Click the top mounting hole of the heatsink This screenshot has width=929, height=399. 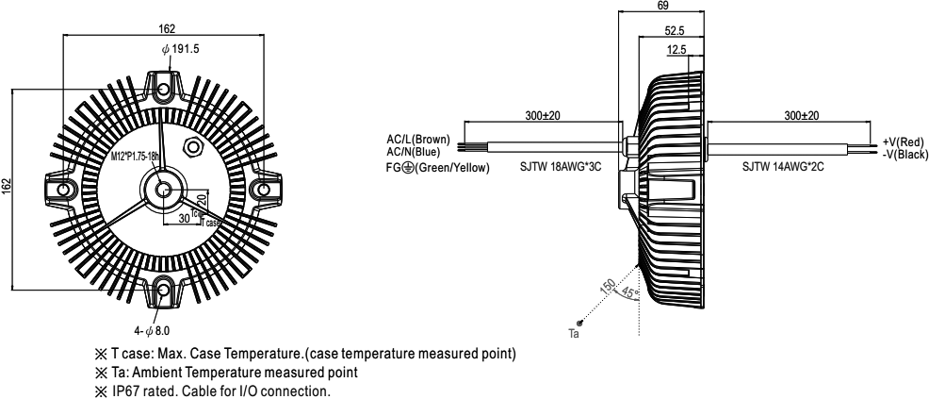[x=166, y=89]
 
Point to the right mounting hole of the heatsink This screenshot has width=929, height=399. [x=263, y=190]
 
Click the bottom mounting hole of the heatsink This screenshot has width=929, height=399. [x=166, y=291]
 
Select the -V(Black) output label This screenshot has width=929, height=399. [x=905, y=154]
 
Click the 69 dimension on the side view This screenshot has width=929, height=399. [x=663, y=7]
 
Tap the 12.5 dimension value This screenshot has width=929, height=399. [x=676, y=48]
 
